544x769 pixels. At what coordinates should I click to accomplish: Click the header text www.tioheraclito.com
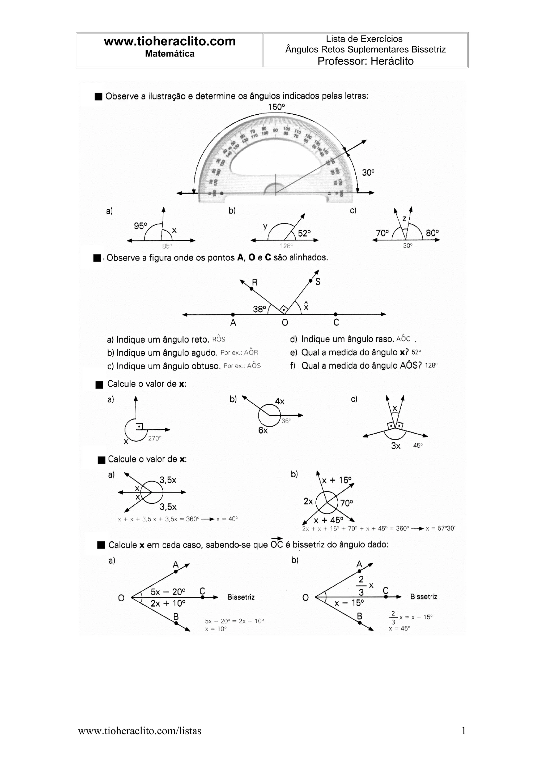coord(170,42)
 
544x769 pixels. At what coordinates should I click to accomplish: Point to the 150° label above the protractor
coord(276,107)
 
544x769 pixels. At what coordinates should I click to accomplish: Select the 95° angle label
coord(141,226)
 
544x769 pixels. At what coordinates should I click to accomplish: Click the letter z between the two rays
coord(404,219)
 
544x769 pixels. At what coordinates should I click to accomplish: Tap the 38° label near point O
coord(260,309)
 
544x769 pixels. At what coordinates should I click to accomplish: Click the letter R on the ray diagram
coord(255,282)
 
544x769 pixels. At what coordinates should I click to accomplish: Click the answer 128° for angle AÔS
coord(431,365)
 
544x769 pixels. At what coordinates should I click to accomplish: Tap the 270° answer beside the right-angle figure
coord(155,438)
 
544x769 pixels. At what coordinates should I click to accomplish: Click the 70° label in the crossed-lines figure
coord(347,503)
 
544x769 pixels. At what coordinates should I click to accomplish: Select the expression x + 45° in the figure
coord(329,520)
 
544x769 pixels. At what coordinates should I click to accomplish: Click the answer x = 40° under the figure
coord(227,519)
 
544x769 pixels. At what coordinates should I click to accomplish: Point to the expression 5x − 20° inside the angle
coord(168,592)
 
